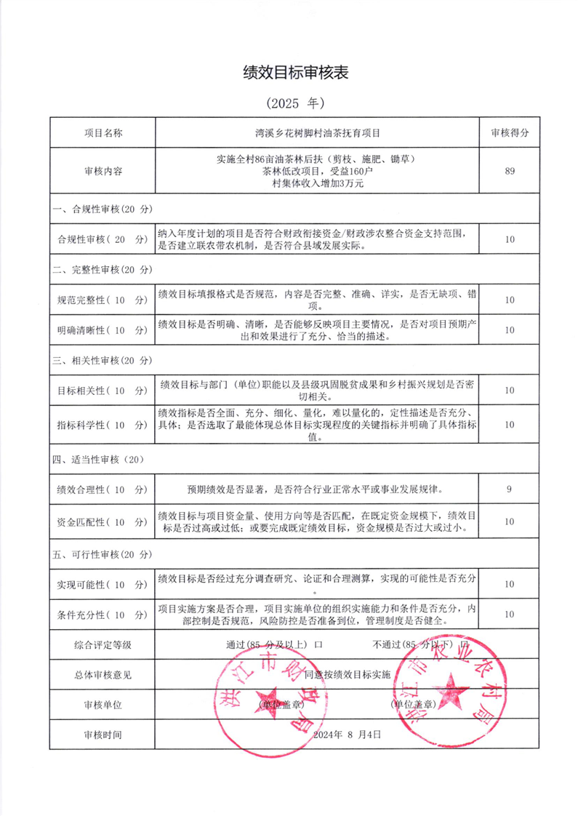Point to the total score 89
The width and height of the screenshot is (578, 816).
tap(509, 172)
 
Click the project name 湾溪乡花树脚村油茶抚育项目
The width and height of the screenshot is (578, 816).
tap(318, 133)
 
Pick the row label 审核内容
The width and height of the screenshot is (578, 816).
tap(103, 172)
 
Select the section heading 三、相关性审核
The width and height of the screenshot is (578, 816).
tap(103, 360)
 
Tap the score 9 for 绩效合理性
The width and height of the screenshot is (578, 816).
tap(509, 489)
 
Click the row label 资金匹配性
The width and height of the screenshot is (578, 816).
tap(103, 521)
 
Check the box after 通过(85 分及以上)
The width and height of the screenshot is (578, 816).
tap(318, 644)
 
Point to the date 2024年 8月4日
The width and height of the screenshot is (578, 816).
tap(347, 735)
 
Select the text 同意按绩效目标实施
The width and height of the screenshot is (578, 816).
tap(347, 674)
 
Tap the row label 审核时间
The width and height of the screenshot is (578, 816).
tap(103, 735)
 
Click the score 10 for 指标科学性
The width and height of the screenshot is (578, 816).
tap(509, 425)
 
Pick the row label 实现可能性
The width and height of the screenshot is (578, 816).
tap(103, 585)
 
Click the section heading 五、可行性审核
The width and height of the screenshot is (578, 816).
tap(103, 554)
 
